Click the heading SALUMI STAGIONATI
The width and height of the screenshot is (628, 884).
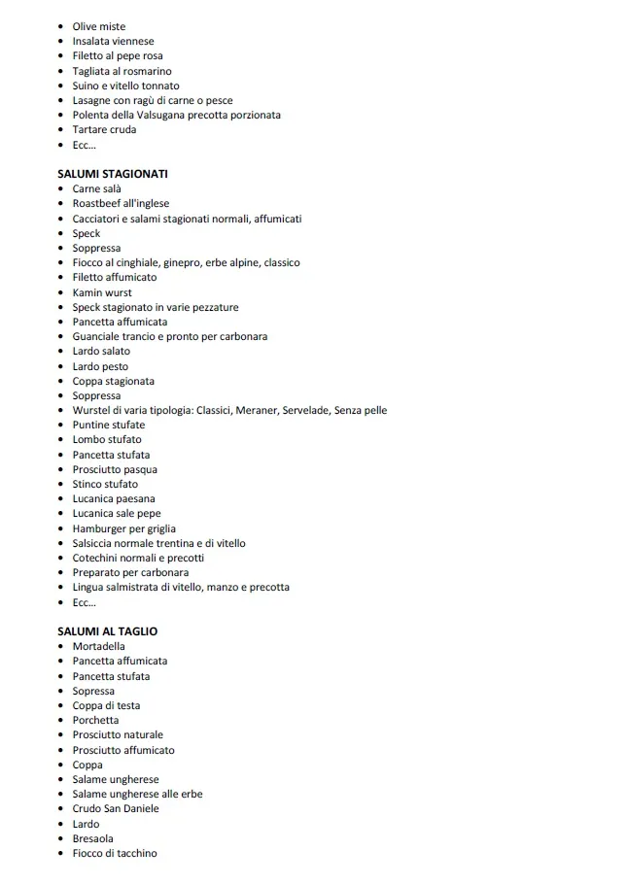click(113, 174)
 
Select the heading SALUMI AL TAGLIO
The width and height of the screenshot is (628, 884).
click(107, 631)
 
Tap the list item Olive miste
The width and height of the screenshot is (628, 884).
click(98, 26)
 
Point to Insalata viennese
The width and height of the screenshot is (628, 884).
click(113, 41)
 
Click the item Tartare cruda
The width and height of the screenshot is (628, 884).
click(104, 129)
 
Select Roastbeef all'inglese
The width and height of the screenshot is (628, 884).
click(121, 203)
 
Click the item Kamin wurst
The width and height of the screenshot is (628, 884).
click(102, 292)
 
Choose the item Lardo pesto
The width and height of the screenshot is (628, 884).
click(100, 366)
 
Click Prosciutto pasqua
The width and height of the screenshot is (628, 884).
click(115, 469)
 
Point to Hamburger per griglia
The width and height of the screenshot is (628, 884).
click(123, 528)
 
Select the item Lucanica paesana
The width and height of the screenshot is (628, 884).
click(114, 498)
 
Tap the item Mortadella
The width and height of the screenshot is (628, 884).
click(98, 646)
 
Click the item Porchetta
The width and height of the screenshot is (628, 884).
click(95, 720)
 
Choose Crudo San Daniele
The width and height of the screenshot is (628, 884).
click(116, 808)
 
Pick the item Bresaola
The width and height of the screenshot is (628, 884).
click(92, 838)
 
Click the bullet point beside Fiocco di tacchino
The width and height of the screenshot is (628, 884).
click(61, 854)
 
